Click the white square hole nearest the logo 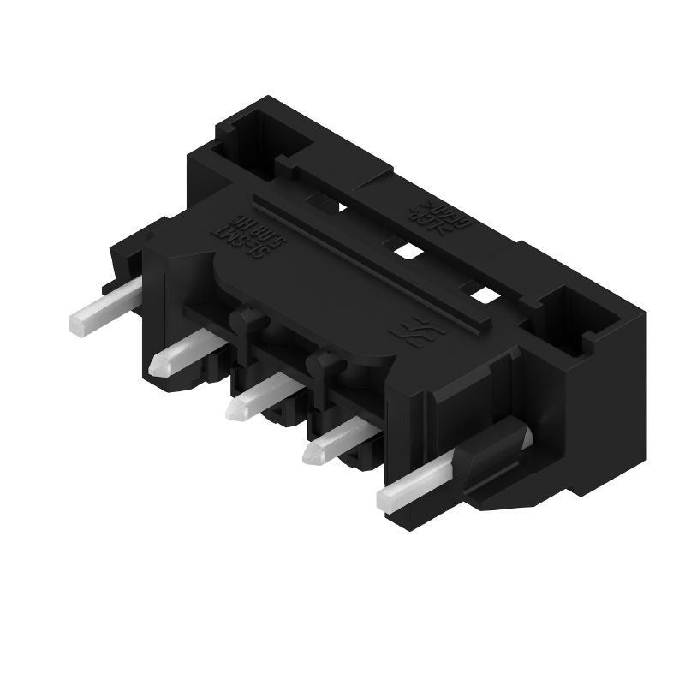[x=485, y=296]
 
